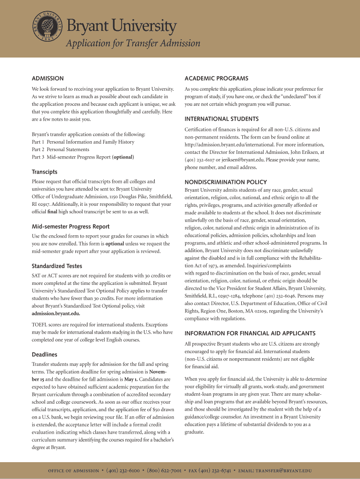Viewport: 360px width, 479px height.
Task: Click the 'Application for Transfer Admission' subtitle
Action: point(133,44)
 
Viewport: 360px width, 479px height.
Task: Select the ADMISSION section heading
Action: point(48,78)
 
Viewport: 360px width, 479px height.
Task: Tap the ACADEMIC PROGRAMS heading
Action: point(216,78)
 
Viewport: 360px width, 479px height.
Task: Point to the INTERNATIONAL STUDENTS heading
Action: point(222,119)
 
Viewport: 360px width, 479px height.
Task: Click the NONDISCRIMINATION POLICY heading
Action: point(226,182)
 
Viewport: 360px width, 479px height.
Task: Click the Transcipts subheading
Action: point(44,172)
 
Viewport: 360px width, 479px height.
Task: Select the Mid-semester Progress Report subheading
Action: point(71,226)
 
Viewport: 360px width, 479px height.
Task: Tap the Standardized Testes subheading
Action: point(57,266)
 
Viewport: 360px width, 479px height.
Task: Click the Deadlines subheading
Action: point(44,354)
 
